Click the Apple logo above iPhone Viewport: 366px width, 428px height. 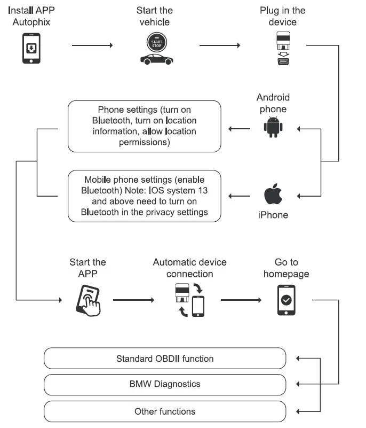[x=273, y=195]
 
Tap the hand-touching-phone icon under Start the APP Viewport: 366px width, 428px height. [x=87, y=300]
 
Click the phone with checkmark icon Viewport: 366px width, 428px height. [x=287, y=300]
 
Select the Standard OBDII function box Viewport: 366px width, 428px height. [x=165, y=359]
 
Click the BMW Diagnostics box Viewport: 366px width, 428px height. [x=165, y=384]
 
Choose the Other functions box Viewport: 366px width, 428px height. [x=165, y=411]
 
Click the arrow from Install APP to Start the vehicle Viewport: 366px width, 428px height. [x=92, y=45]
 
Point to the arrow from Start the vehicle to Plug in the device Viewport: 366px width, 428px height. [x=219, y=45]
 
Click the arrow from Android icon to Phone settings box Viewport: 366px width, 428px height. [x=241, y=128]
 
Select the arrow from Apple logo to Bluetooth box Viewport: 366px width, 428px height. [x=241, y=196]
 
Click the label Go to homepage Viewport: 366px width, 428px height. [x=286, y=268]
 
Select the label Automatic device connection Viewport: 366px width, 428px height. [x=189, y=268]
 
